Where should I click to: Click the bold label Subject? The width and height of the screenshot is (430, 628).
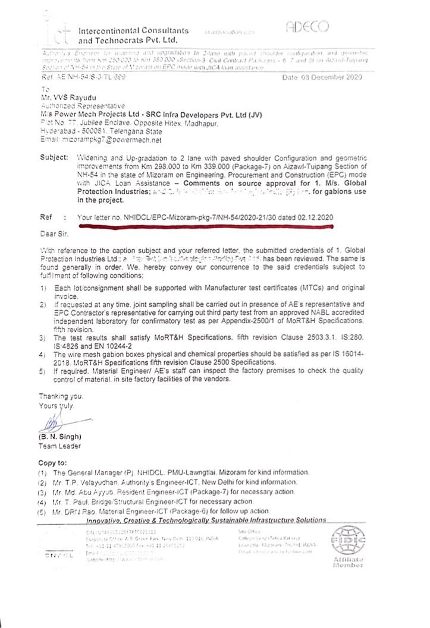point(55,159)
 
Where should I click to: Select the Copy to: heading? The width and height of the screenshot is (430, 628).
point(55,462)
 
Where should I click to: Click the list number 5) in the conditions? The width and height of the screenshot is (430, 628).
point(42,371)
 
